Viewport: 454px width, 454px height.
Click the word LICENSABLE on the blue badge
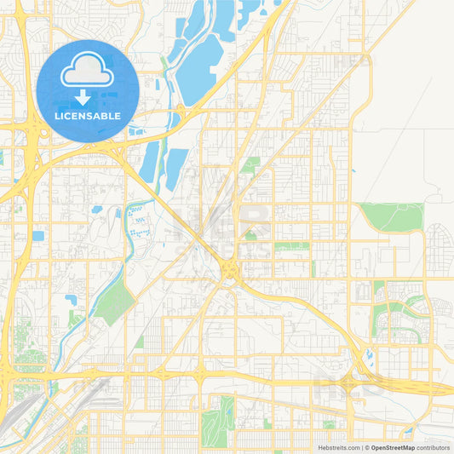[88, 116]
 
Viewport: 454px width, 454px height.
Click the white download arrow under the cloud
[83, 97]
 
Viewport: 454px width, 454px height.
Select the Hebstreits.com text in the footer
[338, 446]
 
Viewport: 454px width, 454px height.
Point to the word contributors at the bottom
[433, 446]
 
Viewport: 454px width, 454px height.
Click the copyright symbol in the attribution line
[366, 446]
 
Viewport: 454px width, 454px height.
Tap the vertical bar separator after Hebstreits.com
[361, 446]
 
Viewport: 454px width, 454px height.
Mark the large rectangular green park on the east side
[391, 216]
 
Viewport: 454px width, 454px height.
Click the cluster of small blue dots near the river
[137, 219]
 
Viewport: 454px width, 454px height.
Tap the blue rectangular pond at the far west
[37, 236]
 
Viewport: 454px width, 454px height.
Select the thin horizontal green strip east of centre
[291, 245]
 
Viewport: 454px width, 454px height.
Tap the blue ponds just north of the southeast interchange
[369, 354]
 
